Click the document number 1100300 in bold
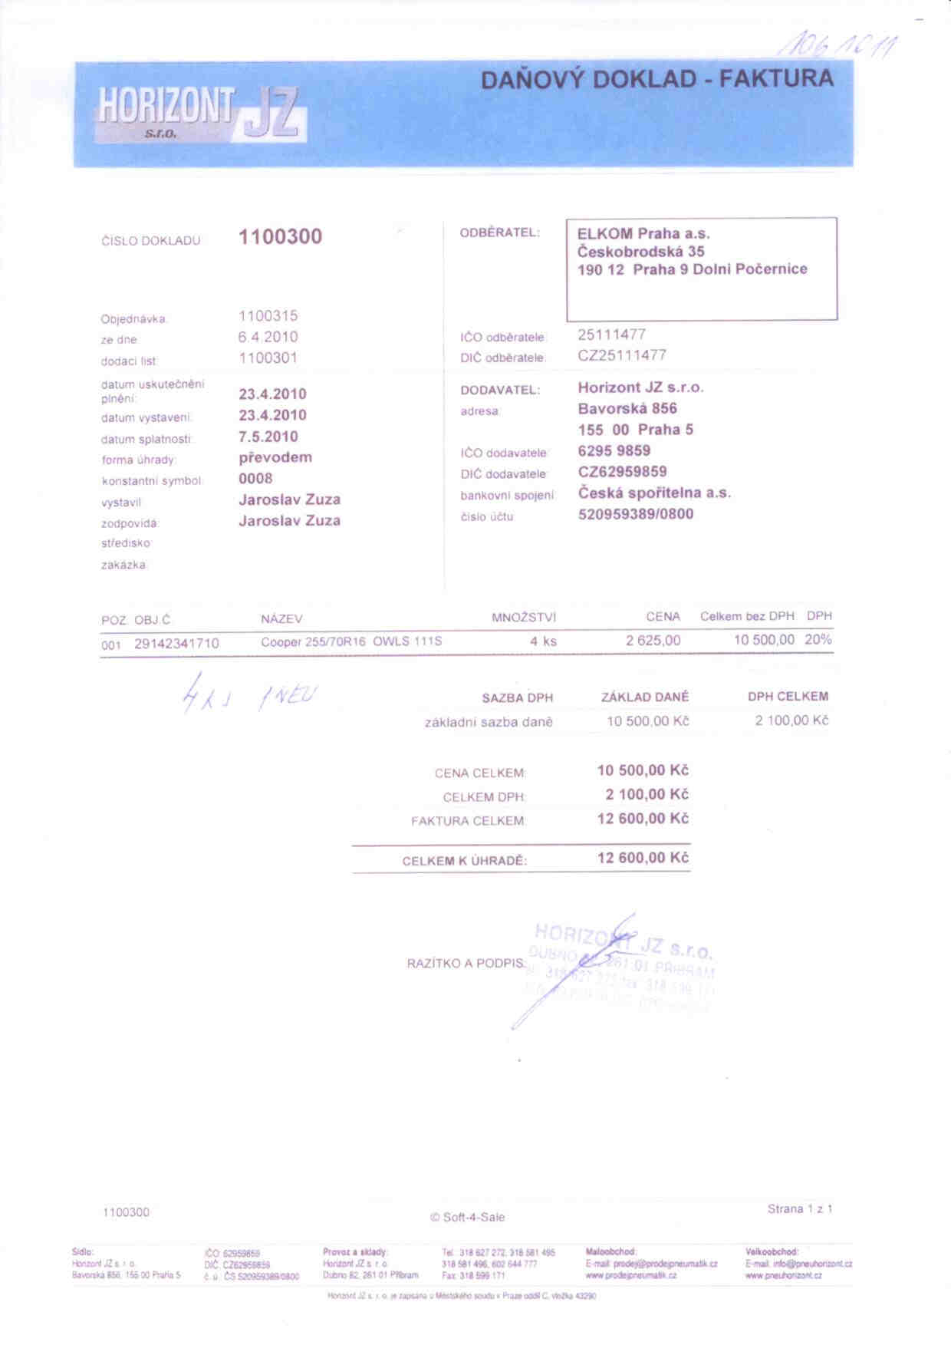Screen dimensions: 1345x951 [280, 236]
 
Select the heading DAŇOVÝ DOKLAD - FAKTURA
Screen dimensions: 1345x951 [656, 79]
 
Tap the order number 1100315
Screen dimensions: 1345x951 [268, 316]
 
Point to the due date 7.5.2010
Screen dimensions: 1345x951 [268, 437]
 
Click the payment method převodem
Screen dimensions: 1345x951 [275, 457]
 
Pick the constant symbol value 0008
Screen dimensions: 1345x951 [255, 479]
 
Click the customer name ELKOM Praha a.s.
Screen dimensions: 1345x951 [643, 234]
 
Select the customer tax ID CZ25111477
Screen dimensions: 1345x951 [622, 355]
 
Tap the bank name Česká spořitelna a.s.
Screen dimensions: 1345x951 [654, 493]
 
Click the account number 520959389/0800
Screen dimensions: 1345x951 [636, 514]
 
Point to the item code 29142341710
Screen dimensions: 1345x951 [176, 644]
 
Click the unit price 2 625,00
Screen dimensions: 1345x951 [653, 641]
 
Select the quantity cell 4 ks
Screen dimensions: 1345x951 [543, 641]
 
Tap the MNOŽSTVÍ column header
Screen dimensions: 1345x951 [524, 618]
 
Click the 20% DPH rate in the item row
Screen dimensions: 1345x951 [818, 640]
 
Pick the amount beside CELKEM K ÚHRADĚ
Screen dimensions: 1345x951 [643, 858]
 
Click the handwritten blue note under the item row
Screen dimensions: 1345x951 [249, 695]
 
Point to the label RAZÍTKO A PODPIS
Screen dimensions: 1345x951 [466, 963]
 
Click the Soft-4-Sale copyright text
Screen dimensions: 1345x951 [467, 1217]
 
